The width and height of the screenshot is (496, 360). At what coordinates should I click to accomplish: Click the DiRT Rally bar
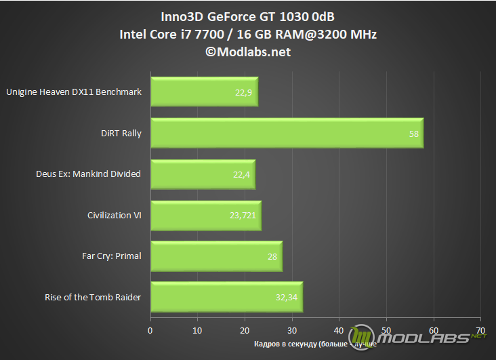coord(287,134)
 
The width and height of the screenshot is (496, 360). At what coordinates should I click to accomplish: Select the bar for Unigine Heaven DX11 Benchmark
coord(204,92)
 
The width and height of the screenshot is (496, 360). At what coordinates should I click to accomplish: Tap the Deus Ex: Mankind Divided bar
coord(203,174)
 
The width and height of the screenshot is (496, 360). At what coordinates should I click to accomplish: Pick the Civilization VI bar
coord(206,216)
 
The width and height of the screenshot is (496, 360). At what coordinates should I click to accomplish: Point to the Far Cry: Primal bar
coord(216,256)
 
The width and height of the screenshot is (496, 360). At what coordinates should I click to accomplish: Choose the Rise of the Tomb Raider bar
coord(226,297)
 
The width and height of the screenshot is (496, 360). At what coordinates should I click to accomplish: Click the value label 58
coord(414,134)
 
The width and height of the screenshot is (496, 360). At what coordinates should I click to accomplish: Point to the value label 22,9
coord(243,93)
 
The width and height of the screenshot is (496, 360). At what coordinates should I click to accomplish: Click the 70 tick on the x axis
coord(480,331)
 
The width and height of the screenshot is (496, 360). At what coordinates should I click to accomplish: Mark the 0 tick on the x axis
coord(150,331)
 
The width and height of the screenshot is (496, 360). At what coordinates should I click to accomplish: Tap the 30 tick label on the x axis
coord(292,331)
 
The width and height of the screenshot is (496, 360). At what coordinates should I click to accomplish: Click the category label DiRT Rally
coord(120,134)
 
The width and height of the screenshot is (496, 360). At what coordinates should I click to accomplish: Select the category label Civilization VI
coord(115,216)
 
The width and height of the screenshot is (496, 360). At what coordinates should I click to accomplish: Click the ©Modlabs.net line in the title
coord(248,52)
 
